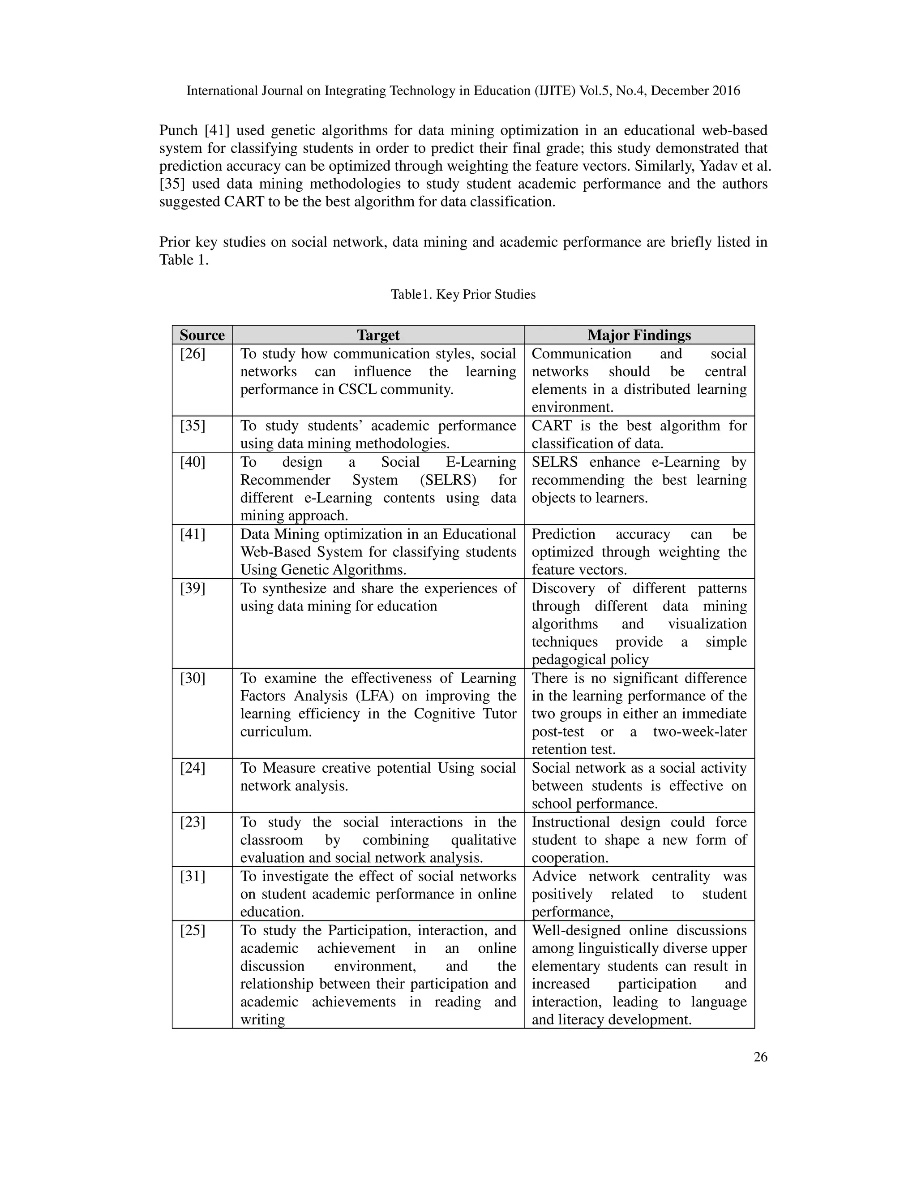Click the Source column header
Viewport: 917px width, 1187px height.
(202, 335)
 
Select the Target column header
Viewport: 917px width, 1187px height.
(378, 335)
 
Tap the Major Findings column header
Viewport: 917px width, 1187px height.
(639, 335)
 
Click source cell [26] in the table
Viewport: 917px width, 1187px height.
(193, 354)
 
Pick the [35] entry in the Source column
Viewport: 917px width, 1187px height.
(193, 426)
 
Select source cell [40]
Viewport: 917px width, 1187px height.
(193, 462)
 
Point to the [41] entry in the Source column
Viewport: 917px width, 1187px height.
(193, 534)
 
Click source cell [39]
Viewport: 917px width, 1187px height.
(193, 588)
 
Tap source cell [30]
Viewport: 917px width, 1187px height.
(193, 678)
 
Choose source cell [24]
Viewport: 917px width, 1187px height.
(193, 768)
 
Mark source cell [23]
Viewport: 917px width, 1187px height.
(193, 822)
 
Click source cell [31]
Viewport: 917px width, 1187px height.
(193, 876)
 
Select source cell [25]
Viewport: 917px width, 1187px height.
(193, 930)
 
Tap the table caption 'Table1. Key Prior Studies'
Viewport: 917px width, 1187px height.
(463, 295)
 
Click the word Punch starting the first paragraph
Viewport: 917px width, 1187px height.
(178, 130)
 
